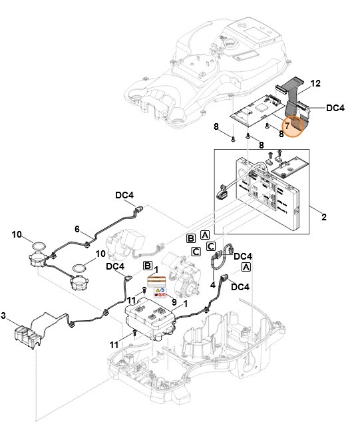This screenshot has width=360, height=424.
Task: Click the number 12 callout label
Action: point(315,83)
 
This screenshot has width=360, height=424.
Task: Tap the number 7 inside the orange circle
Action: point(287,124)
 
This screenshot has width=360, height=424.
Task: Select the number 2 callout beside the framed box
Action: point(323,217)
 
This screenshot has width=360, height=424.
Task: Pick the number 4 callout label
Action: point(212,285)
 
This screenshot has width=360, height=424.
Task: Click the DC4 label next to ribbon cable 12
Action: point(335,106)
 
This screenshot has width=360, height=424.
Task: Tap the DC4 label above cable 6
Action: point(125,195)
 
